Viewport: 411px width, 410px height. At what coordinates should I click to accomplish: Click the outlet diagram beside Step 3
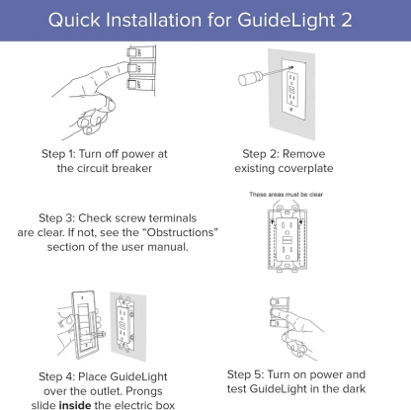pos(288,241)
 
